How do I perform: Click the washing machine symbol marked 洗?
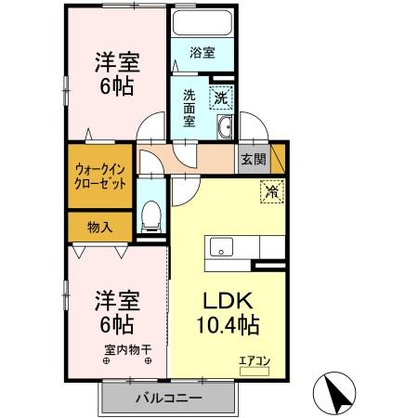tap(220, 96)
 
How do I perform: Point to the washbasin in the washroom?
tap(225, 128)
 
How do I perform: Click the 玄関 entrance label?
tap(253, 159)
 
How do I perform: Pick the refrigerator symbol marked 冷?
tap(272, 193)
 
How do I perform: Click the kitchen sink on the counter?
tap(221, 246)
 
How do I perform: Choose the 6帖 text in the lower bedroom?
tap(117, 325)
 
